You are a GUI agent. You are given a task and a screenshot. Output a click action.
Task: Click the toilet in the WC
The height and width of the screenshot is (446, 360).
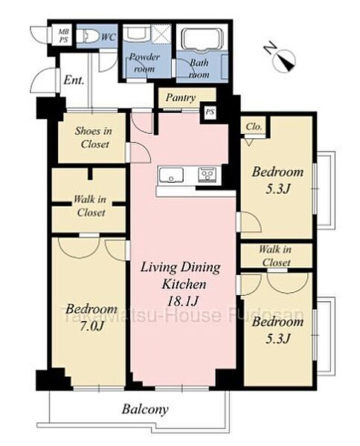88,36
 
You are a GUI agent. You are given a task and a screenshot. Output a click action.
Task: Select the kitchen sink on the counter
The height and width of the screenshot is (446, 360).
171,175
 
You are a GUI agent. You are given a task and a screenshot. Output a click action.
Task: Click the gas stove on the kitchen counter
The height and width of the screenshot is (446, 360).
208,175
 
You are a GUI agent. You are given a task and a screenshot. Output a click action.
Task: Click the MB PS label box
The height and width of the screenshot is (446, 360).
63,35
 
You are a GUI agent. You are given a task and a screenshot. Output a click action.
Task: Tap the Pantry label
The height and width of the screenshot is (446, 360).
181,97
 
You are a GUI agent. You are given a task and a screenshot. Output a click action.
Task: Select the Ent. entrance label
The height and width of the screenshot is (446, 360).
74,80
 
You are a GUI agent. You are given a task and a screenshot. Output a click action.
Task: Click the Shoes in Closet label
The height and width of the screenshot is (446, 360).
94,138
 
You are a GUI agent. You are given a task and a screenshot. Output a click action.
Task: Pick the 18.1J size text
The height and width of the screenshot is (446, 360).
182,301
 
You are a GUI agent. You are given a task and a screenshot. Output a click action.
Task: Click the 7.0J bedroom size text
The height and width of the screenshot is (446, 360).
91,326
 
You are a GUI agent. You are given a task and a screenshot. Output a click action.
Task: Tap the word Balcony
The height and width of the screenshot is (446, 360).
145,410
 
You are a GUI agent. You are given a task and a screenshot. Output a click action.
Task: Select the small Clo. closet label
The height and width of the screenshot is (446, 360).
254,126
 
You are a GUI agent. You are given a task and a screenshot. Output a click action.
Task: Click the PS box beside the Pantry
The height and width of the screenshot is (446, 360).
210,111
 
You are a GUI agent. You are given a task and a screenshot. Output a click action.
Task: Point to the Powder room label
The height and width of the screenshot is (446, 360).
144,62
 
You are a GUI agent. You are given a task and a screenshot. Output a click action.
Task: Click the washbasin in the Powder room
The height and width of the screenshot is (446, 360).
136,33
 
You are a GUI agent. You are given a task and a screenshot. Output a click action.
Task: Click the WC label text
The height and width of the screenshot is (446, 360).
109,37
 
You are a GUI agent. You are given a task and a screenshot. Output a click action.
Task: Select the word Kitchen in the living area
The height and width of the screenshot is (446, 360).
184,284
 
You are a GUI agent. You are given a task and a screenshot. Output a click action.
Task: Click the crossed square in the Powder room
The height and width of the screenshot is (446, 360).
161,34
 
